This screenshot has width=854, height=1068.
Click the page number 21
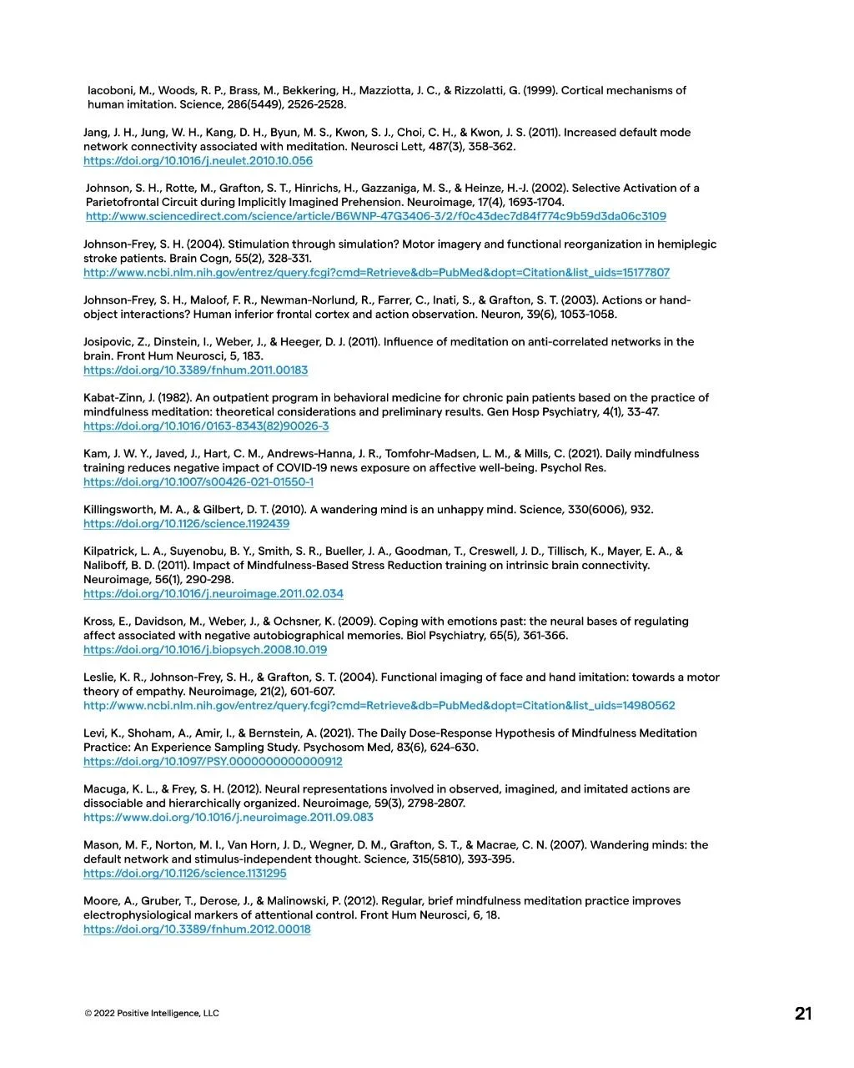802,1014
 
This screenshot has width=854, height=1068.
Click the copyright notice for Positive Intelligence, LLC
151,1014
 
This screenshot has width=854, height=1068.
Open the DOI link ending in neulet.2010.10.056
198,161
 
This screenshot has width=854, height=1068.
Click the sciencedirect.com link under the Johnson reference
375,217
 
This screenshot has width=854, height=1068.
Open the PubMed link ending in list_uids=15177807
376,273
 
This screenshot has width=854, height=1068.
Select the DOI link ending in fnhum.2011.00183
195,370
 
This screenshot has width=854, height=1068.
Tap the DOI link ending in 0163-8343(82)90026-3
206,426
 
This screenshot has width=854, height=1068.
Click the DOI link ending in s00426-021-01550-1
198,482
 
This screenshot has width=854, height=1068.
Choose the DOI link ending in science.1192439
186,524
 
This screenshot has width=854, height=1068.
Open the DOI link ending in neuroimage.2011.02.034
213,594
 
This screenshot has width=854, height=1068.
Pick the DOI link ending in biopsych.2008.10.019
205,650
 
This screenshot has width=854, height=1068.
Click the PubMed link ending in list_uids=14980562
379,706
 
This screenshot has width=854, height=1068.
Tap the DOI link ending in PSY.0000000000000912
213,762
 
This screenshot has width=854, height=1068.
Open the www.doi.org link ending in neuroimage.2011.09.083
228,818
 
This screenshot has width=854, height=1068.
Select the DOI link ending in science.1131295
184,874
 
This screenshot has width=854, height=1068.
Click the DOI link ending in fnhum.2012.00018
197,929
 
